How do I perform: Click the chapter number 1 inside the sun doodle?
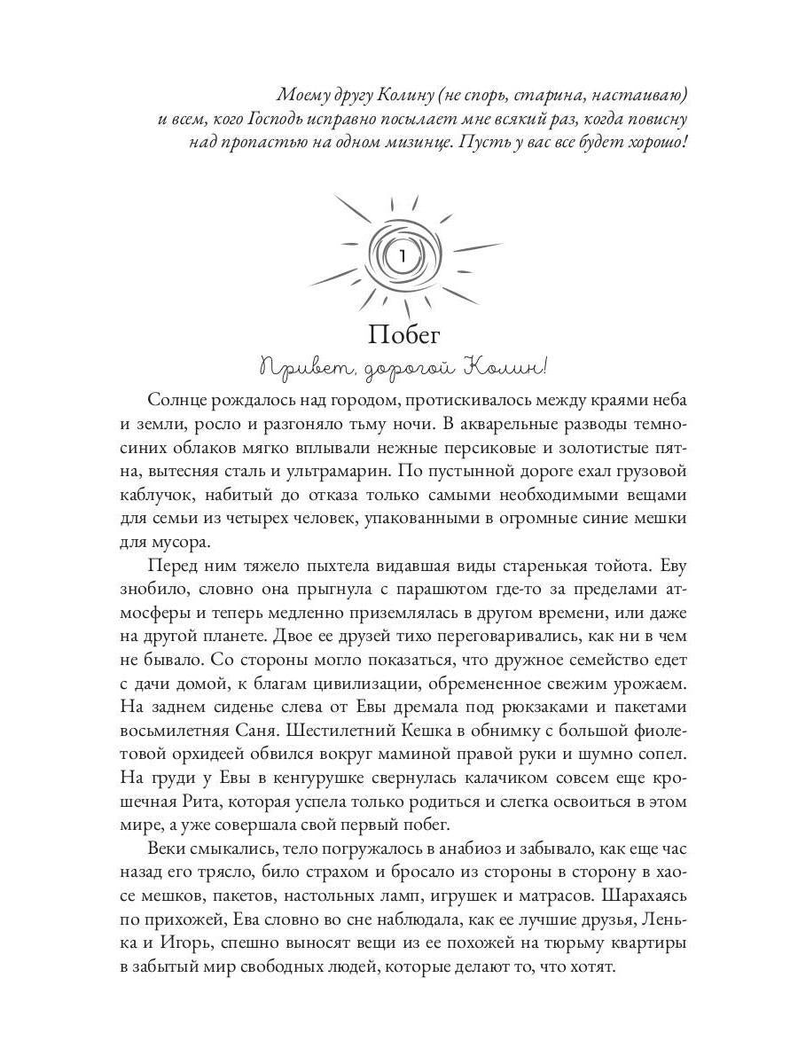click(x=402, y=258)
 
